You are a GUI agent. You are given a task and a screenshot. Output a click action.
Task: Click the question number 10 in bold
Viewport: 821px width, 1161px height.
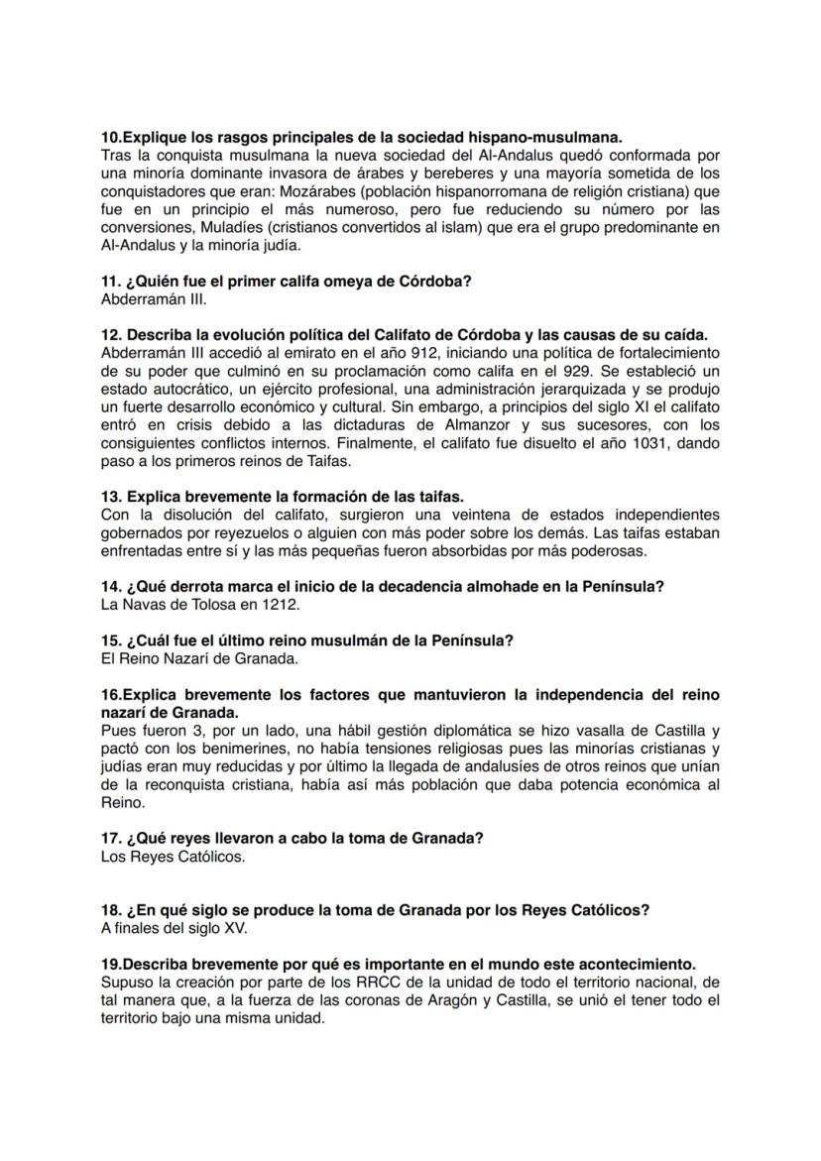point(111,136)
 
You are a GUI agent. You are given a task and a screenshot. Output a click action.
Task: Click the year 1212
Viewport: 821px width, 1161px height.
point(280,603)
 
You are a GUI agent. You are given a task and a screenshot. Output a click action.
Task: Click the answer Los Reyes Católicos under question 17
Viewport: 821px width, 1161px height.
point(173,856)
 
